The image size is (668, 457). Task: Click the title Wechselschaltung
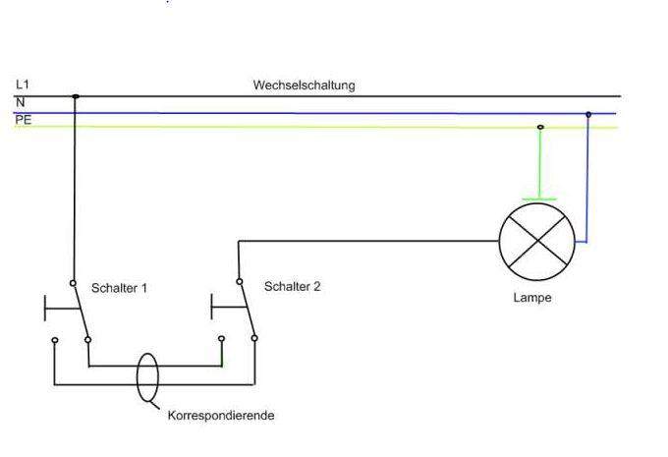[x=304, y=86]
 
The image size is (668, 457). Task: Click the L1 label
[x=23, y=86]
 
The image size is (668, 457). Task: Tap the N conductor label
[x=20, y=101]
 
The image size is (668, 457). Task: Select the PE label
[x=23, y=117]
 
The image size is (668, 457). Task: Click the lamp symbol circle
[x=536, y=242]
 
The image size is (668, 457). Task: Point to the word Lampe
[x=532, y=298]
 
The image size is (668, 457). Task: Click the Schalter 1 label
[x=119, y=288]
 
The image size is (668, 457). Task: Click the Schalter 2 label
[x=292, y=286]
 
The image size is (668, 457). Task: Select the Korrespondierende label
[x=221, y=416]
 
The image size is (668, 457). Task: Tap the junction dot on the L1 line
[x=75, y=96]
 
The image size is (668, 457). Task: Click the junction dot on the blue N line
[x=588, y=114]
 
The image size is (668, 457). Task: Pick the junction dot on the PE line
[x=540, y=127]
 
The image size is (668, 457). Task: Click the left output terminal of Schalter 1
[x=55, y=341]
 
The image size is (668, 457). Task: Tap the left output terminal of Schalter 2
[x=221, y=340]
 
